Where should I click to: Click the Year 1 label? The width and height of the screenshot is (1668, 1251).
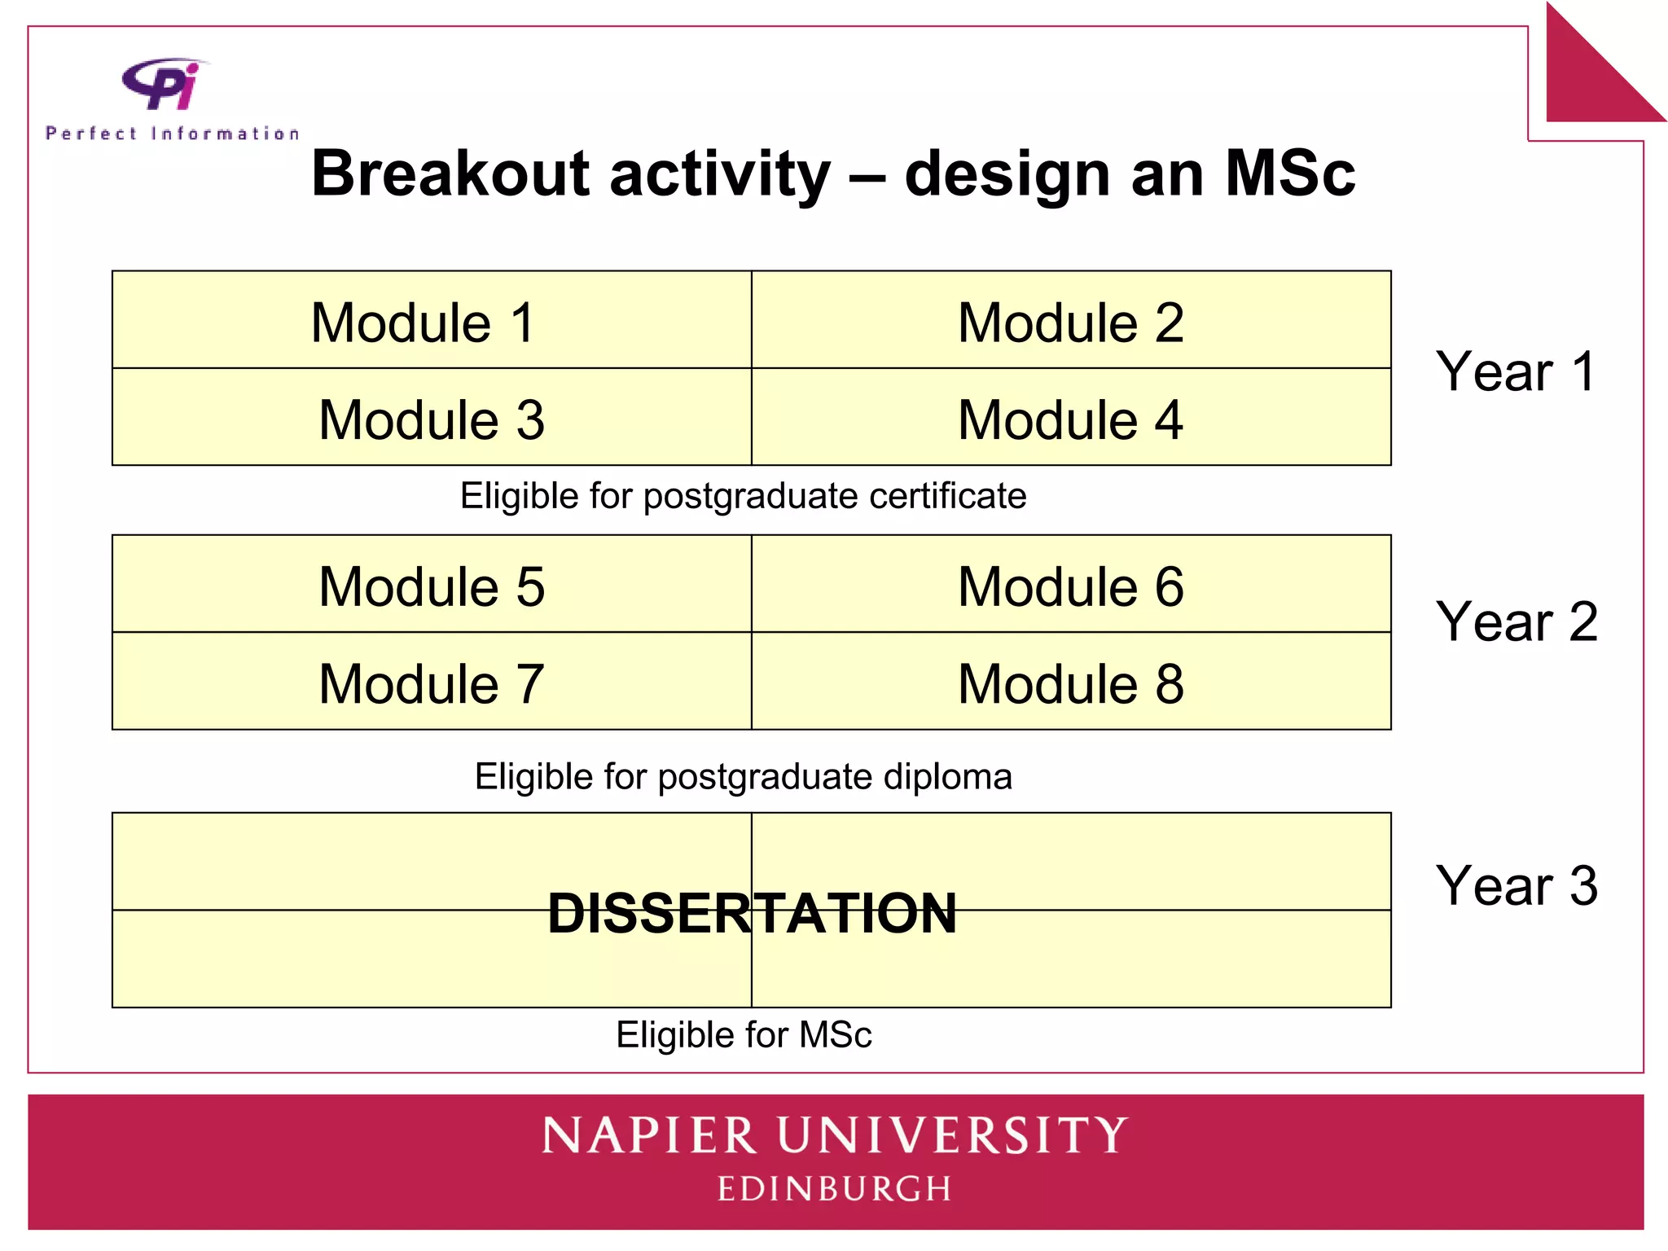click(1515, 371)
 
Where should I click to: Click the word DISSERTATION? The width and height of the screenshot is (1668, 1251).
click(751, 913)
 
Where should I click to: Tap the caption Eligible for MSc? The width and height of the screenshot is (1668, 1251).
click(744, 1035)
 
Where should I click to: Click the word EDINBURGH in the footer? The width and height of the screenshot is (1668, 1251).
click(834, 1189)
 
